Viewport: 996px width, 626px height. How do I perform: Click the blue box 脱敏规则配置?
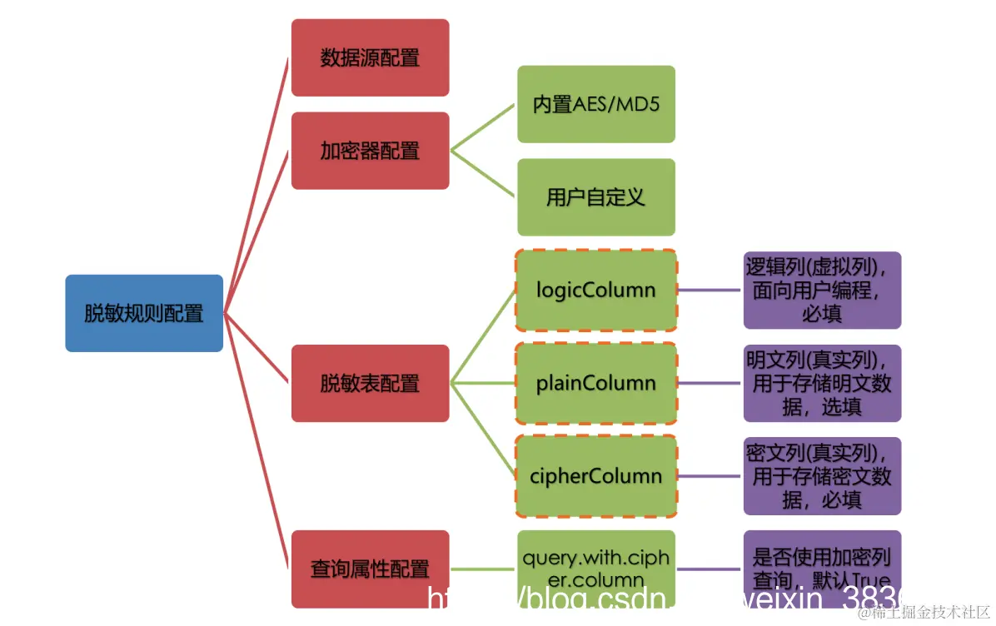[144, 313]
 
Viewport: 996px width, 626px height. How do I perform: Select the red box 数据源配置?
[370, 58]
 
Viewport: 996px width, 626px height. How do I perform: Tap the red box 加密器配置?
[370, 151]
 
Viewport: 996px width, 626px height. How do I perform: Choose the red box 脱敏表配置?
[370, 383]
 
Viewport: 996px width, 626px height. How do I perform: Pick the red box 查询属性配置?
[370, 569]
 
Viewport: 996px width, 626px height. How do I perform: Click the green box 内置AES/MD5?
[595, 105]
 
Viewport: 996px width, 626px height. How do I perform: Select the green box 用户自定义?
[595, 197]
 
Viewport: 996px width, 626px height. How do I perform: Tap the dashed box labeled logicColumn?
[595, 291]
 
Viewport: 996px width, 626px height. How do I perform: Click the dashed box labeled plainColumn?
[595, 383]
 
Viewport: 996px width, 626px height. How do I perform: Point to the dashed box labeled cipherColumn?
[595, 476]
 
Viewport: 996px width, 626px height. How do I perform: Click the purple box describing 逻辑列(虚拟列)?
[822, 291]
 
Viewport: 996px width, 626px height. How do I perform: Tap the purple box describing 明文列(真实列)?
[822, 383]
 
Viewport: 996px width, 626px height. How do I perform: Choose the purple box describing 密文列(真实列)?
[822, 476]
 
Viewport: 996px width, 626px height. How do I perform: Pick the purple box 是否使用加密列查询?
[822, 566]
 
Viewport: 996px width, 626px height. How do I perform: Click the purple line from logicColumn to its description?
[710, 291]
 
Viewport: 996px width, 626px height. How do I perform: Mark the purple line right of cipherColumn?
[710, 476]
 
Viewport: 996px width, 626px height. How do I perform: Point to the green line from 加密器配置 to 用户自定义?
[483, 174]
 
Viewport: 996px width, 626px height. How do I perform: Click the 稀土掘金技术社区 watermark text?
[924, 614]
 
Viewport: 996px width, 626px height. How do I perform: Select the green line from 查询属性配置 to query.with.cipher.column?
[483, 569]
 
